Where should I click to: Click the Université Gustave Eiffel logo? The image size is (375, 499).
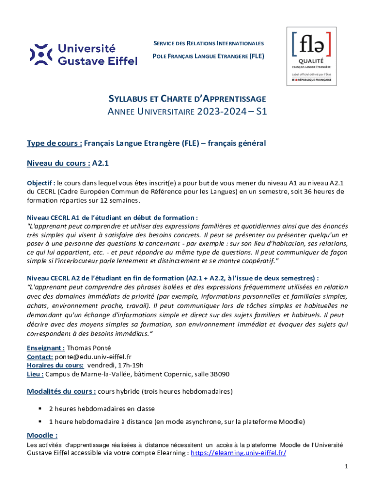pos(83,55)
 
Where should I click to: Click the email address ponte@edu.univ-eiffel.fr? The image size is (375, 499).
pos(93,357)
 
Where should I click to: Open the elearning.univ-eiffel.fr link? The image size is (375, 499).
pos(238,453)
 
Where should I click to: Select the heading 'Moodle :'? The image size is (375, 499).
pos(42,435)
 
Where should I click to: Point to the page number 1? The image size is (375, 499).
pos(345,466)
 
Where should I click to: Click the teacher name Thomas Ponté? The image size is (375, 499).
pos(89,348)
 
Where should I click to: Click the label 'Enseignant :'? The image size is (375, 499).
pos(46,348)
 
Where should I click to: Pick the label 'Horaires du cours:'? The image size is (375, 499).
pos(55,365)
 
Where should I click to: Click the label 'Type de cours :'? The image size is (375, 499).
pos(54,143)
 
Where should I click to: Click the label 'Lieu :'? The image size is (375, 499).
pos(36,374)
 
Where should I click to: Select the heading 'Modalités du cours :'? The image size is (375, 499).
pos(61,391)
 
